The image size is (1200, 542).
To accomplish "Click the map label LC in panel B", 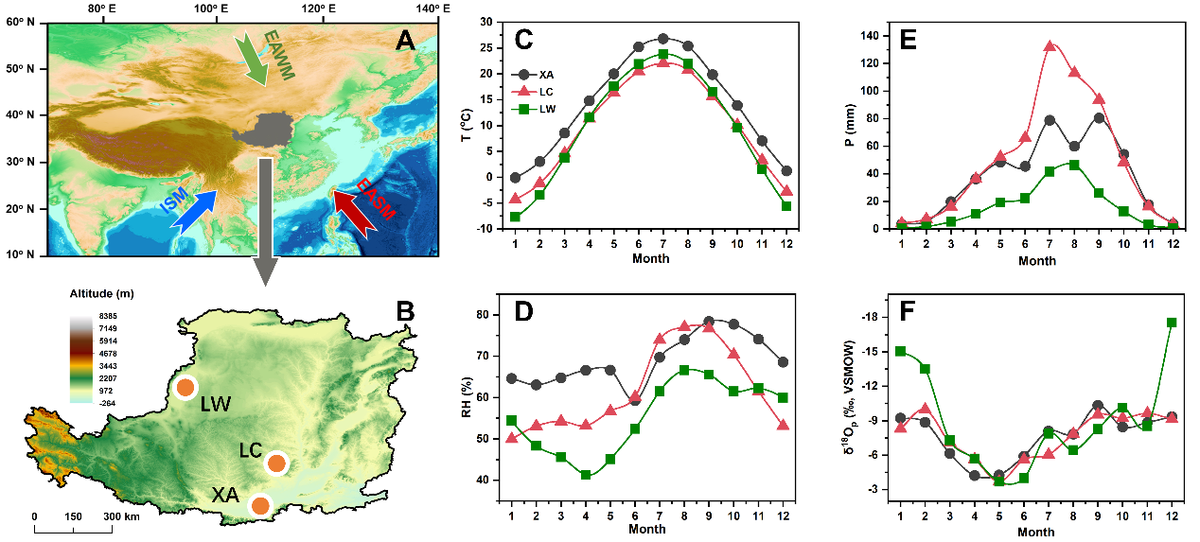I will pyautogui.click(x=250, y=446).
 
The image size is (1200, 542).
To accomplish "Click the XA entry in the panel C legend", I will pyautogui.click(x=541, y=73).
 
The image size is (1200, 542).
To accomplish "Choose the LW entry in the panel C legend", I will pyautogui.click(x=541, y=108).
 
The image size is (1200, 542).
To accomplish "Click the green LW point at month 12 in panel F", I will pyautogui.click(x=1172, y=323).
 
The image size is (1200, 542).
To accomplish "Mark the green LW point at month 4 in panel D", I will pyautogui.click(x=587, y=475).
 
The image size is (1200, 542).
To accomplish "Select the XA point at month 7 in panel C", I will pyautogui.click(x=662, y=39).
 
